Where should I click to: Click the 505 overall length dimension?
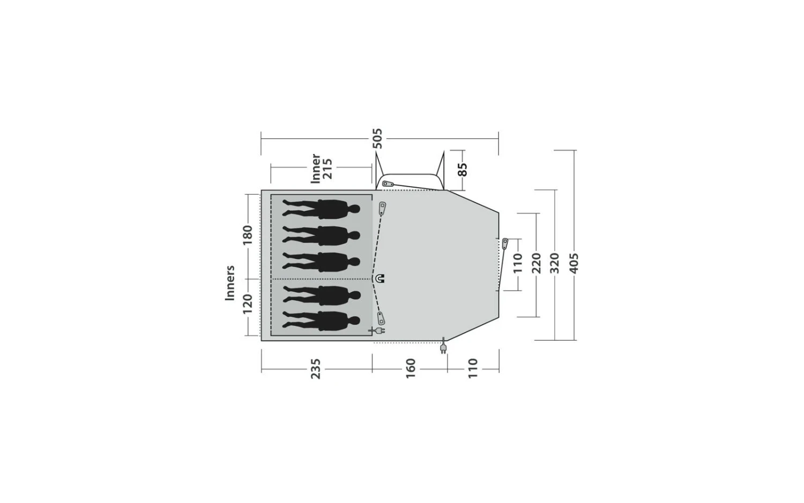pos(377,138)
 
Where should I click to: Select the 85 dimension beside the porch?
pos(463,170)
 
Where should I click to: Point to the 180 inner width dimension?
pos(248,235)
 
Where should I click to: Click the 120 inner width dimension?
pos(248,304)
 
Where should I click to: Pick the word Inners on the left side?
pos(230,283)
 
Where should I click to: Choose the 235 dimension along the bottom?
pos(316,369)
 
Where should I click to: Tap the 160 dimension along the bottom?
pos(410,368)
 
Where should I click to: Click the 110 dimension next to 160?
pos(473,368)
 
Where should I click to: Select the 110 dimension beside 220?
pos(518,263)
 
